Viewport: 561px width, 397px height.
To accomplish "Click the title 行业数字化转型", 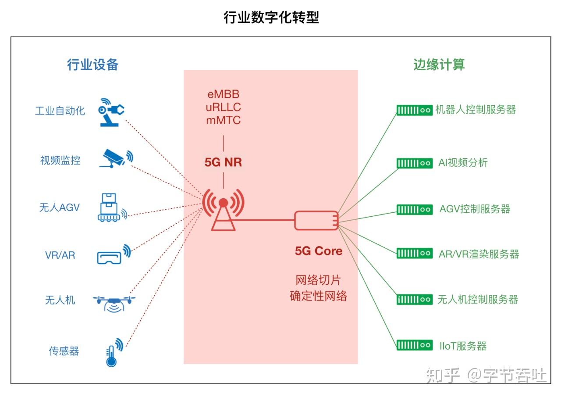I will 271,18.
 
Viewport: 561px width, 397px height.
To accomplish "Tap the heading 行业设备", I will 92,65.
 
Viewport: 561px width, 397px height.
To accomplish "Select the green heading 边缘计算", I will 439,65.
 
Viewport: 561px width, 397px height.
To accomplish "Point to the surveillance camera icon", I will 116,158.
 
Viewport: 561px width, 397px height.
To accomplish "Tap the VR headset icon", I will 112,255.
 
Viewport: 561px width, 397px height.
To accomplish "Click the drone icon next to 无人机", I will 114,302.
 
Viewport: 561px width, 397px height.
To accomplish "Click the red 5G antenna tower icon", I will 223,210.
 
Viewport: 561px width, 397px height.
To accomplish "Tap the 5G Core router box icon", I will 316,220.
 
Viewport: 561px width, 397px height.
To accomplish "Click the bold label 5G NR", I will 223,162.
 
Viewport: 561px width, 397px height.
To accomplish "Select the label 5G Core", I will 319,251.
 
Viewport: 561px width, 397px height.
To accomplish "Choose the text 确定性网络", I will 319,296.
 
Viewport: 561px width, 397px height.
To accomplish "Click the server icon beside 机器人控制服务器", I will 414,110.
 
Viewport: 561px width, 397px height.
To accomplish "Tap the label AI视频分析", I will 463,163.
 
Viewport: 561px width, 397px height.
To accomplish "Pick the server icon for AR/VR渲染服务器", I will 414,253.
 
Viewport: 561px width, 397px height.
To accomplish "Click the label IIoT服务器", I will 463,346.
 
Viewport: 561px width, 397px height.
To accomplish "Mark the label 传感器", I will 64,351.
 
